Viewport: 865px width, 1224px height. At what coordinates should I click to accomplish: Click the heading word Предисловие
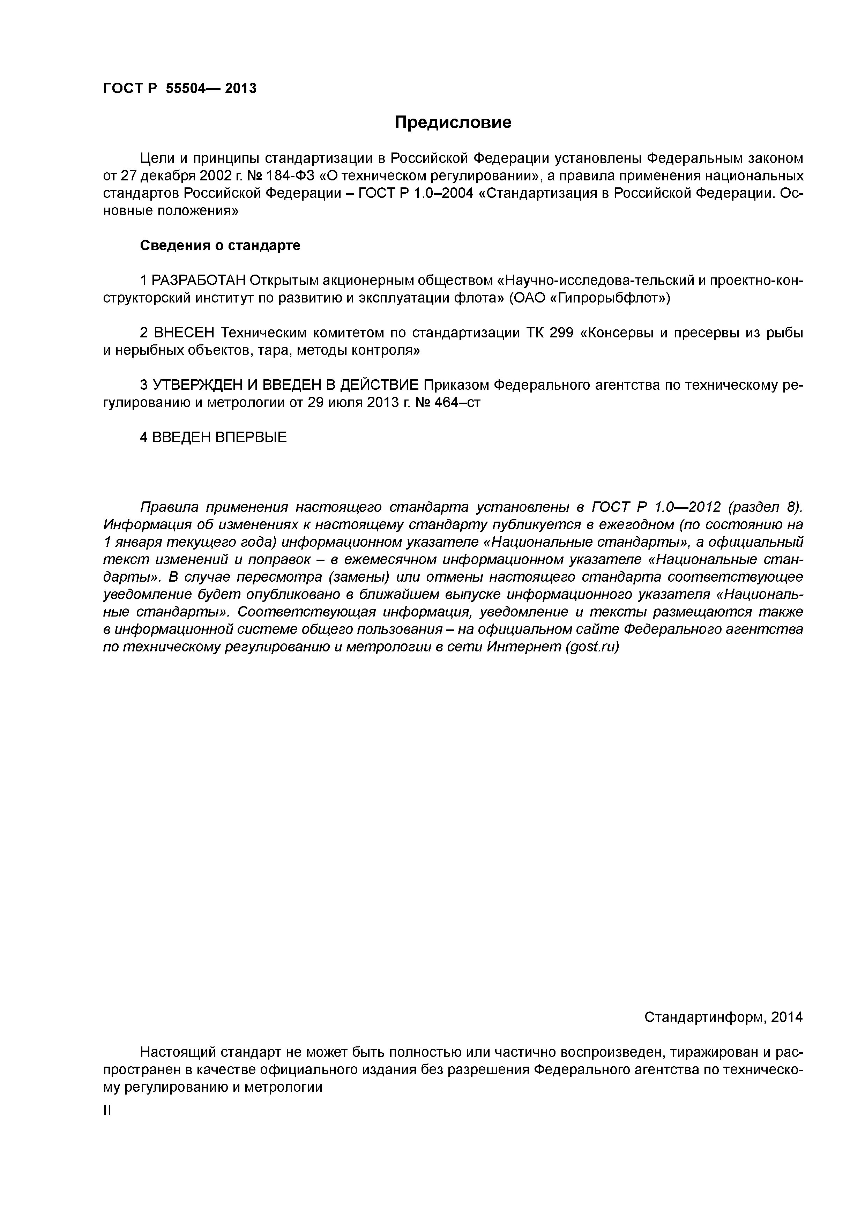[x=453, y=122]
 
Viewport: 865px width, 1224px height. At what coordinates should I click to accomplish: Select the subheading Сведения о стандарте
[x=220, y=245]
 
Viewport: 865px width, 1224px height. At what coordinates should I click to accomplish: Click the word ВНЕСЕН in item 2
[x=184, y=333]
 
